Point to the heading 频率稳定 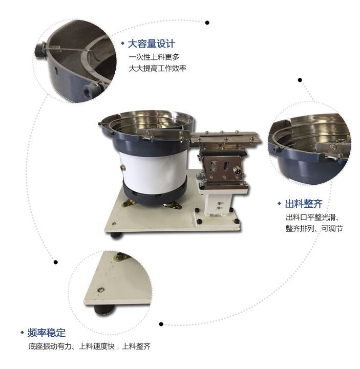[47, 333]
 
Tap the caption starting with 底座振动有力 [90, 346]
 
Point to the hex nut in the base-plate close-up [102, 290]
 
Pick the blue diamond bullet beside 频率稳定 [22, 333]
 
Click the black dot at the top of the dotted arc [207, 22]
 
